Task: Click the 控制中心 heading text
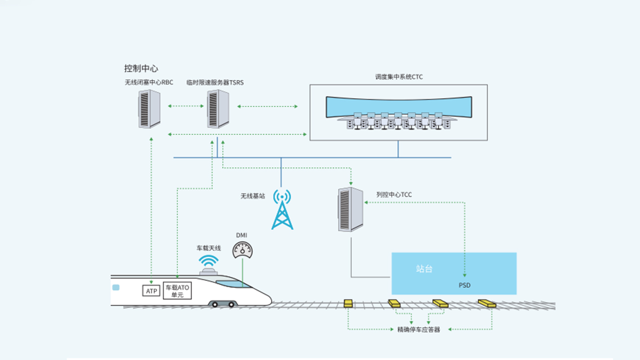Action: point(141,69)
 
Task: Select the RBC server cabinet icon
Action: point(149,108)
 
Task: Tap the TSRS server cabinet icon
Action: point(218,108)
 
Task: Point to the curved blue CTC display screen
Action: point(399,107)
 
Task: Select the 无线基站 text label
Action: point(253,196)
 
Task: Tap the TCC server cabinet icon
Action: point(351,209)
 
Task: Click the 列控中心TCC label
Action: point(394,195)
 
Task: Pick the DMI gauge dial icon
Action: point(242,249)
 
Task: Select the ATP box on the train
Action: point(151,291)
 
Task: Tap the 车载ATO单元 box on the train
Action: point(177,291)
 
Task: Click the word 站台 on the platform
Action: point(424,269)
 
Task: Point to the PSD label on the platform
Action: point(464,286)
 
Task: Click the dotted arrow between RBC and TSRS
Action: point(186,106)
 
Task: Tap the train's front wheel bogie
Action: point(223,303)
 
